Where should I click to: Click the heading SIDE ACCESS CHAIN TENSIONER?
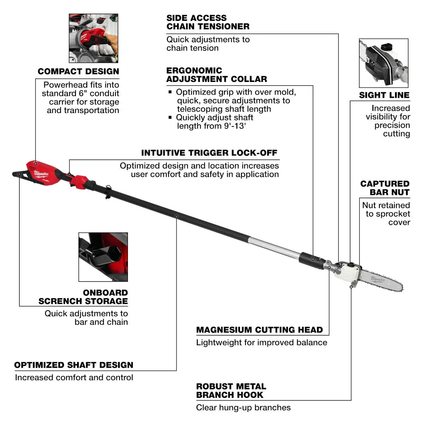[x=208, y=22]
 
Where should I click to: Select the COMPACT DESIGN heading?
[x=78, y=71]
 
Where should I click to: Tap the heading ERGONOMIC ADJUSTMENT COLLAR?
[x=217, y=75]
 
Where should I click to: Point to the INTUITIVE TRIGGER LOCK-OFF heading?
[x=209, y=153]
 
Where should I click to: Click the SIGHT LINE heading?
[x=384, y=95]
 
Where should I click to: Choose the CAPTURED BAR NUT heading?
[x=385, y=188]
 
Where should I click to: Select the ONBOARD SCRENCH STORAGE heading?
[x=83, y=297]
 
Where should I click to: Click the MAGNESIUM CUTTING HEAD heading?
[x=259, y=330]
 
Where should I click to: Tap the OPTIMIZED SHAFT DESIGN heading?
[x=73, y=365]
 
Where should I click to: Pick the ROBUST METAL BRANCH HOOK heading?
[x=231, y=390]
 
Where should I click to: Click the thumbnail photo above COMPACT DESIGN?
[x=93, y=38]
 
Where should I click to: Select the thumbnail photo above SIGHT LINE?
[x=384, y=63]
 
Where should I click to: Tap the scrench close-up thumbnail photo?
[x=103, y=257]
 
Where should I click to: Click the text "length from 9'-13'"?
[x=211, y=126]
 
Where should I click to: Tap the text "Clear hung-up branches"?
[x=243, y=407]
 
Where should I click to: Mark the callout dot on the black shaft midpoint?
[x=176, y=216]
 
